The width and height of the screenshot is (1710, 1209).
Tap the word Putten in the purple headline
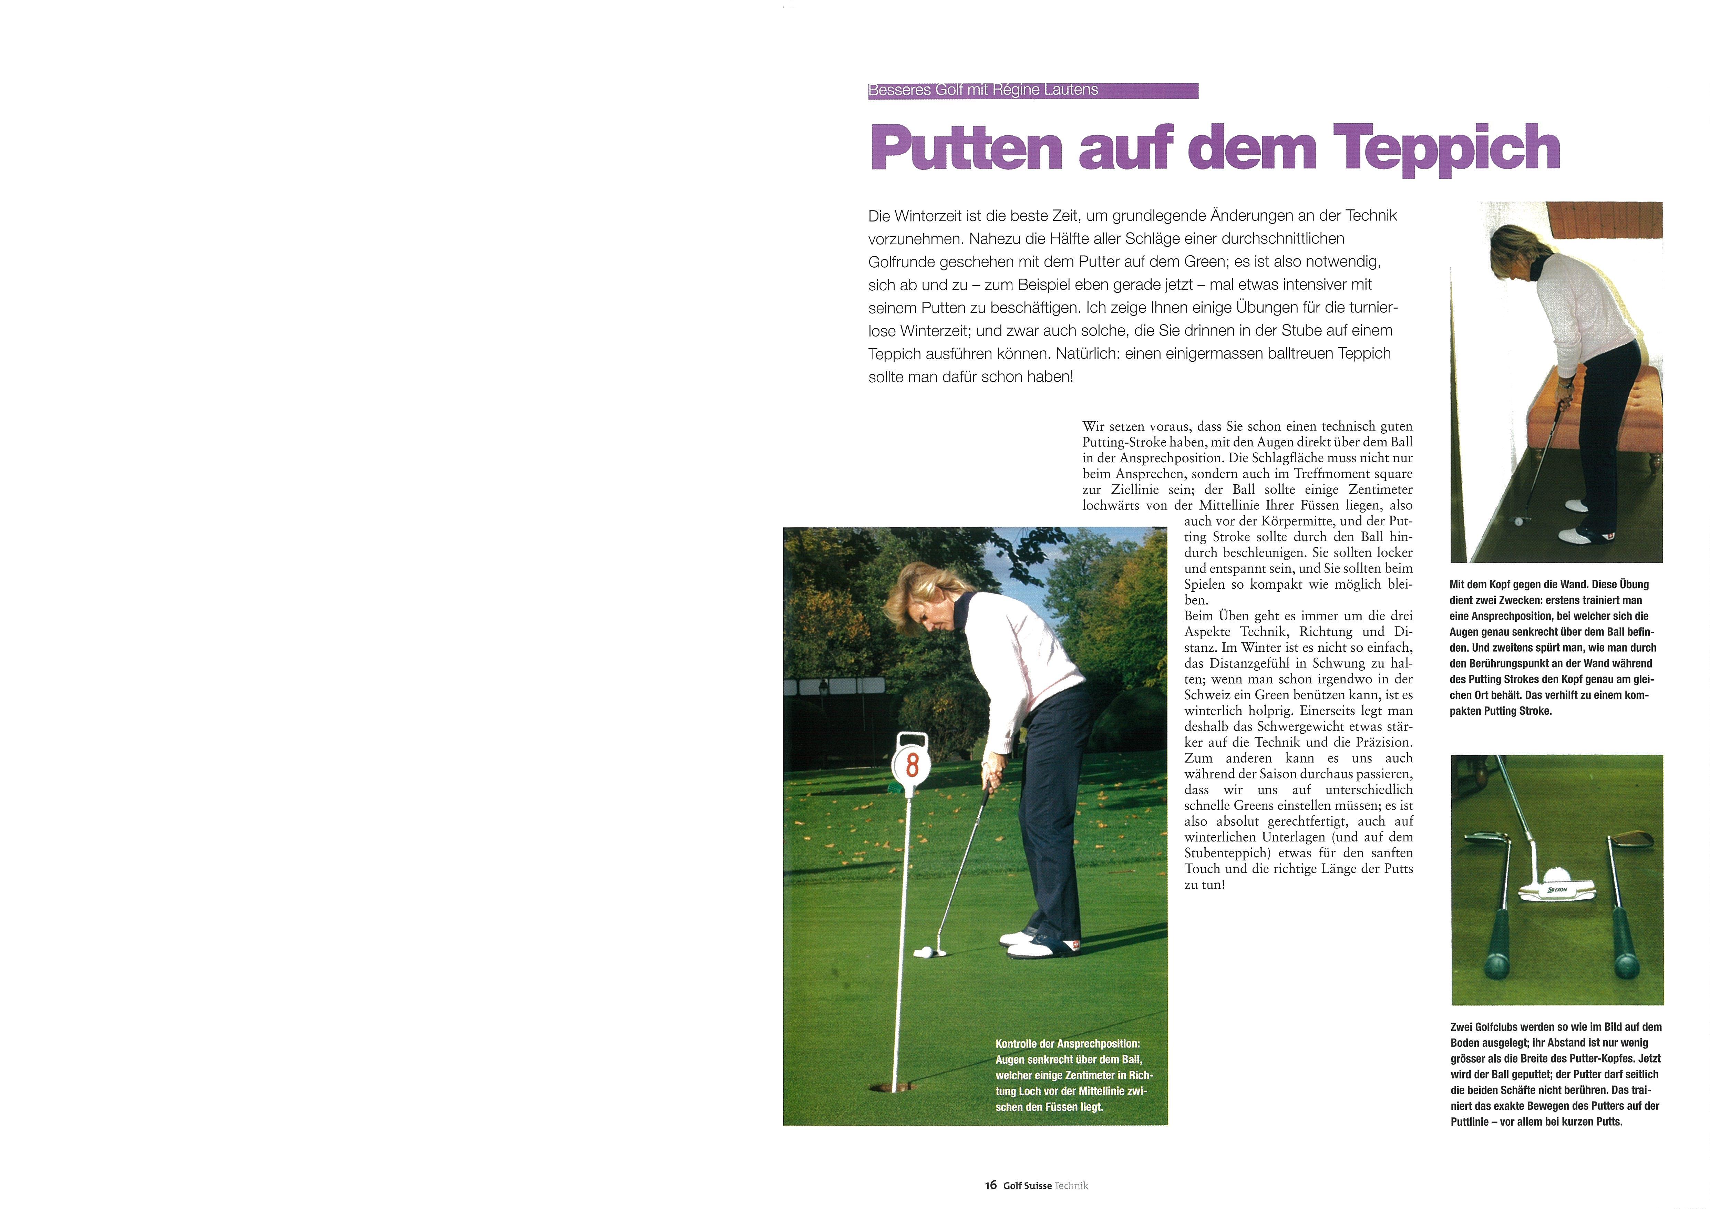click(x=966, y=148)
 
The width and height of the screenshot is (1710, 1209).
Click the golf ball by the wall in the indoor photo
click(x=1518, y=521)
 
